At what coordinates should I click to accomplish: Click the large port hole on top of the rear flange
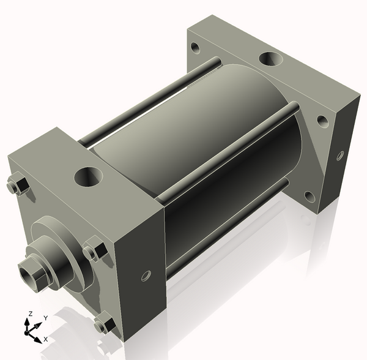270,59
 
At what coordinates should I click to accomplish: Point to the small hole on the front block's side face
146,276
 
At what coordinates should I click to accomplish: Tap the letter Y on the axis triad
45,318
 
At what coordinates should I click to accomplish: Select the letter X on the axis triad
46,339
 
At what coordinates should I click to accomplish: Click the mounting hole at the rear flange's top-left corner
195,47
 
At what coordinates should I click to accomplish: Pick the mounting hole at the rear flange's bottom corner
310,196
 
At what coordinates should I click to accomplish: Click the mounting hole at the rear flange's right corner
322,120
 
